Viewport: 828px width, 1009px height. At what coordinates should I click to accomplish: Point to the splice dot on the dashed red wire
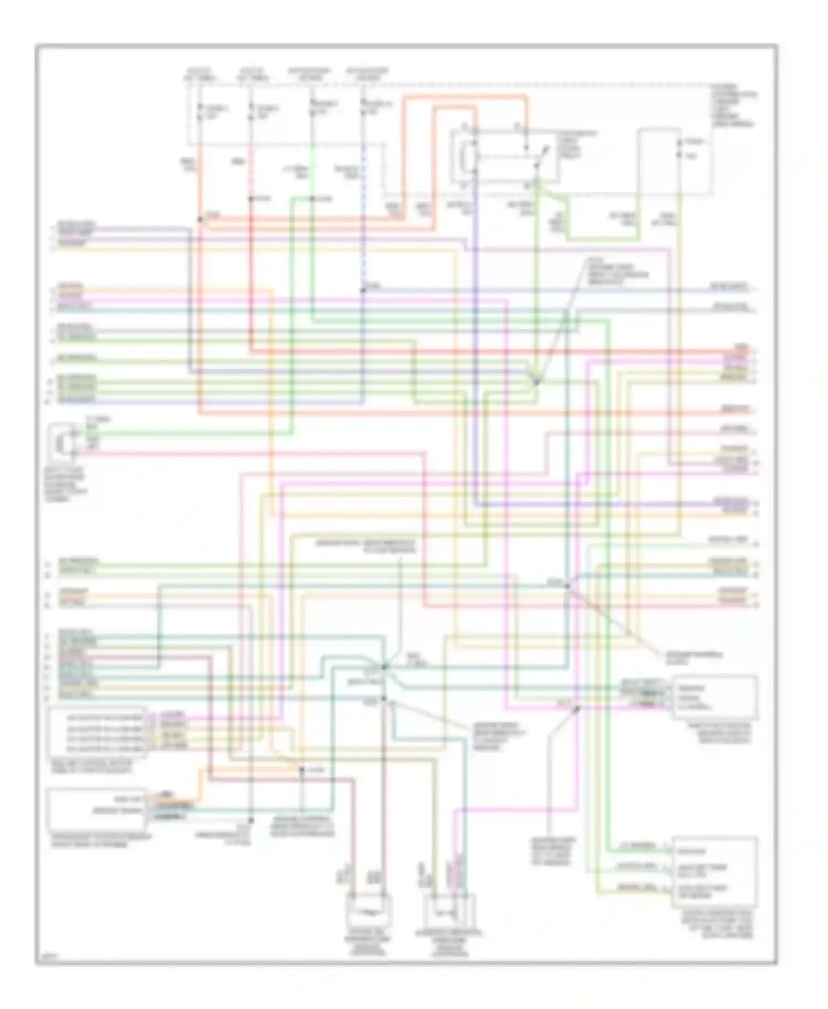click(x=251, y=199)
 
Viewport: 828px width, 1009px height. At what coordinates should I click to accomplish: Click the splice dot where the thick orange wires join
click(x=199, y=219)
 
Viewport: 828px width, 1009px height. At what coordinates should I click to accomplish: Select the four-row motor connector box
click(x=98, y=732)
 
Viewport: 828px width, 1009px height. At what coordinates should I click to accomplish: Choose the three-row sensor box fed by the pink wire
click(x=714, y=698)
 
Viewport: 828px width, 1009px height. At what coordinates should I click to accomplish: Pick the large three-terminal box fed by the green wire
click(x=714, y=872)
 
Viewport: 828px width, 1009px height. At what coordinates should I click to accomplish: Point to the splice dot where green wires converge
click(x=535, y=381)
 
